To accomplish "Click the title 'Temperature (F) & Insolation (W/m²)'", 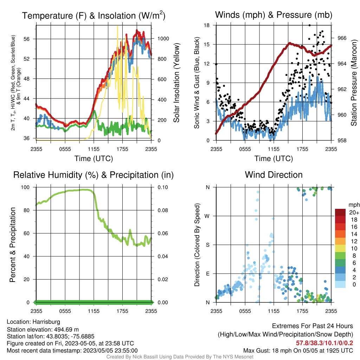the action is [x=94, y=15].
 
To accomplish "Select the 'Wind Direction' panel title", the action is [x=274, y=175].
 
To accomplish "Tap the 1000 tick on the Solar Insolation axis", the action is [x=163, y=39].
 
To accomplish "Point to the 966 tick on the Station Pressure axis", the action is [x=342, y=38].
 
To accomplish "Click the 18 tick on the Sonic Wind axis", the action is [x=207, y=25].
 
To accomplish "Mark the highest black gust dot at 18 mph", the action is [x=310, y=25].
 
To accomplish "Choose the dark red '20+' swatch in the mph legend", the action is [x=340, y=212].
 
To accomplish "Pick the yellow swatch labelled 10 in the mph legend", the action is [x=340, y=249].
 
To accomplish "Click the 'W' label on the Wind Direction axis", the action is [x=207, y=216].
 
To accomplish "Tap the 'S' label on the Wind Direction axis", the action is [x=207, y=245].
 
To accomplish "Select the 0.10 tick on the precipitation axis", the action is [x=163, y=187].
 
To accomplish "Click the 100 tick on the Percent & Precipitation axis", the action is [x=25, y=187].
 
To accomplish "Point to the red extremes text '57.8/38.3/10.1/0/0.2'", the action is [x=324, y=343].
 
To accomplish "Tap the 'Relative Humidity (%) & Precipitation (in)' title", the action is [x=94, y=175].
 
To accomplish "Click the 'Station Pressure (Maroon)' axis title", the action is [x=354, y=83].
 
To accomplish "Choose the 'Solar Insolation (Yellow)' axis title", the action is [x=176, y=83].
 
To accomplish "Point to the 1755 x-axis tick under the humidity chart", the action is [x=122, y=311].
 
